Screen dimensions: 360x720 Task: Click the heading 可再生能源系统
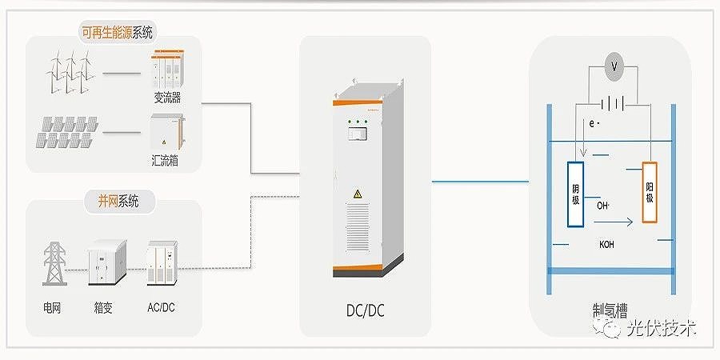[x=117, y=33]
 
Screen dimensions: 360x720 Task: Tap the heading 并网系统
[x=118, y=201]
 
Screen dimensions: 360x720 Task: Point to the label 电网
[x=54, y=306]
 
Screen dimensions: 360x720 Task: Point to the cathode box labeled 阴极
[x=576, y=193]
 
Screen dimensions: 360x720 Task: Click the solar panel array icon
[x=65, y=133]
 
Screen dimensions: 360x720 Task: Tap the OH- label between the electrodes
[x=604, y=206]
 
